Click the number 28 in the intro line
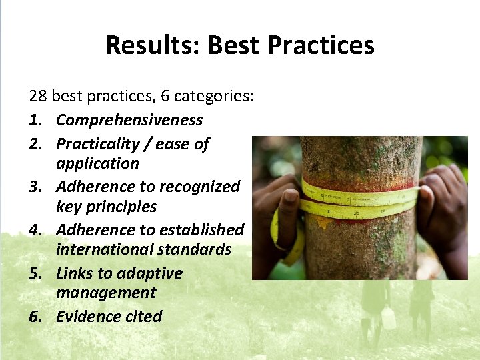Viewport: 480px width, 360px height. (38, 96)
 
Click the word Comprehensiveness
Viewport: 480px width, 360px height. (129, 120)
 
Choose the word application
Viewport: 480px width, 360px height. (97, 163)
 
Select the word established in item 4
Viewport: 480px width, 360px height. (197, 230)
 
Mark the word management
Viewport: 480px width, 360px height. (106, 293)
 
